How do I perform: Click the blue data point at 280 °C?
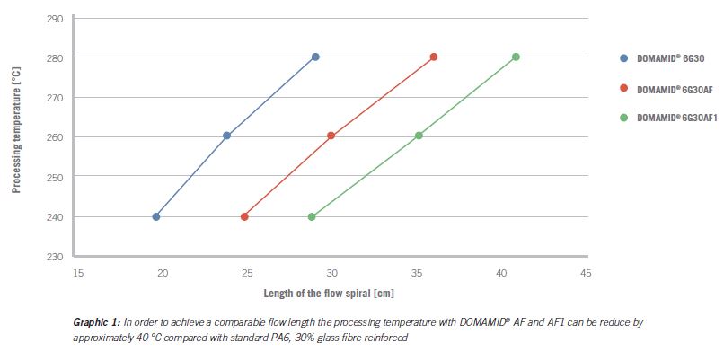tap(315, 57)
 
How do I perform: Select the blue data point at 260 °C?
tap(226, 136)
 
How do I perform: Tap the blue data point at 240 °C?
tap(156, 216)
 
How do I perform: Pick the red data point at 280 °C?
tap(434, 57)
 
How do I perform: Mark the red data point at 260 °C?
tap(331, 136)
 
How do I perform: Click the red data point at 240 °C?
tap(244, 216)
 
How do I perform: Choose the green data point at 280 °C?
tap(516, 57)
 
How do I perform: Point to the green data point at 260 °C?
tap(419, 136)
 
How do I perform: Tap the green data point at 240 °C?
tap(312, 216)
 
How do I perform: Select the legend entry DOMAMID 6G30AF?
tap(672, 88)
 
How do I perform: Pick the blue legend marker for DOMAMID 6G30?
tap(623, 58)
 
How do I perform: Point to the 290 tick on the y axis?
tap(55, 19)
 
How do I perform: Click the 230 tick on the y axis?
tap(55, 257)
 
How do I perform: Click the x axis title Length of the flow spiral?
tap(329, 293)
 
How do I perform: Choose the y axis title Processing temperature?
tap(17, 137)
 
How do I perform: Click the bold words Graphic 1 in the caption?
tap(95, 320)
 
